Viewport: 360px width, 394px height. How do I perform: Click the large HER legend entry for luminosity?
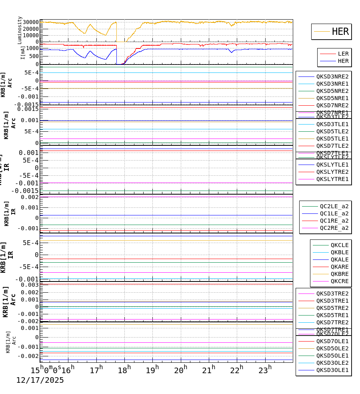coord(340,32)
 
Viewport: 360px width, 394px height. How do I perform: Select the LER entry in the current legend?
coord(343,54)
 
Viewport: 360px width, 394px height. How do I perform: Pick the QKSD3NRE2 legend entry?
coord(332,76)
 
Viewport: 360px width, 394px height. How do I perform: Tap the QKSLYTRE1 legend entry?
coord(332,179)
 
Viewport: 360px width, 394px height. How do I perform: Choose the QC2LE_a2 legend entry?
coord(334,206)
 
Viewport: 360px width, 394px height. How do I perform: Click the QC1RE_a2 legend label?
coord(334,221)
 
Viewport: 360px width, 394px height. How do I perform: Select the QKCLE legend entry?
coord(339,245)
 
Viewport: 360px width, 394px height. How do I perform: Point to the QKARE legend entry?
coord(339,267)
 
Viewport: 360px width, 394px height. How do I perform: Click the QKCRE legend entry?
coord(339,281)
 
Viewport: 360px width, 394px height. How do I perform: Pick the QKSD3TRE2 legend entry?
coord(332,293)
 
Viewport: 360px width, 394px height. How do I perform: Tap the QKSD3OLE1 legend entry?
coord(332,370)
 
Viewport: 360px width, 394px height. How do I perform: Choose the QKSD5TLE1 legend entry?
coord(332,139)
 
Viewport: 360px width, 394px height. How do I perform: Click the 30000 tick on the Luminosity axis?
coord(30,22)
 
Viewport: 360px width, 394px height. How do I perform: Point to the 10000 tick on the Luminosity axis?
coord(30,35)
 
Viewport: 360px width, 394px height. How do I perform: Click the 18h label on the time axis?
coord(124,370)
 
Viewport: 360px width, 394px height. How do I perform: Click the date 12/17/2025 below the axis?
coord(40,380)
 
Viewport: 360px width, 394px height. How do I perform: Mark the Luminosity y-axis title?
coord(20,30)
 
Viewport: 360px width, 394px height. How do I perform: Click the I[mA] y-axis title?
coord(23,52)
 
